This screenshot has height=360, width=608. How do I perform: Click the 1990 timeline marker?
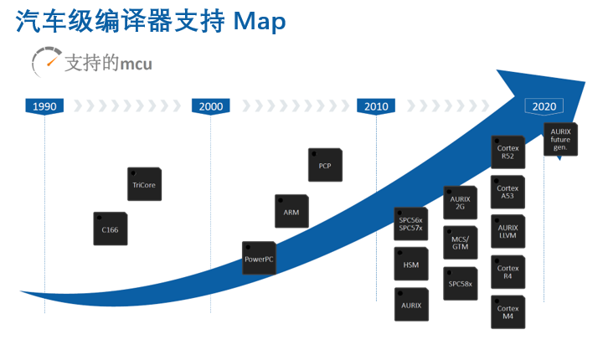pyautogui.click(x=44, y=106)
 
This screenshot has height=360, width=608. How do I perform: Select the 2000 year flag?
pyautogui.click(x=210, y=106)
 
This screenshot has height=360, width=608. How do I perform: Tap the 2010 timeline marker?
pyautogui.click(x=376, y=106)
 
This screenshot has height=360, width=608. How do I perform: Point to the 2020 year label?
pyautogui.click(x=544, y=106)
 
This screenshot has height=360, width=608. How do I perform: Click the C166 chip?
pyautogui.click(x=111, y=229)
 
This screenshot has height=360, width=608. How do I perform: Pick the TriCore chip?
pyautogui.click(x=145, y=184)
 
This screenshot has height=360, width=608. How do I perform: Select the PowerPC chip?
pyautogui.click(x=259, y=258)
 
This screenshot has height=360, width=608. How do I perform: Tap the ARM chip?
pyautogui.click(x=292, y=211)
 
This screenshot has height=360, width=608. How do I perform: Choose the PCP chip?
pyautogui.click(x=325, y=165)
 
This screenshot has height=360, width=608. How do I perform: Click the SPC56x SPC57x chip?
pyautogui.click(x=411, y=224)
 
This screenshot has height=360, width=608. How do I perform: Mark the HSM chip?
pyautogui.click(x=411, y=264)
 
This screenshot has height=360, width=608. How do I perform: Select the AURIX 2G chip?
pyautogui.click(x=461, y=203)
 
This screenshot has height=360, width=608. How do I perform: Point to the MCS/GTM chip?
pyautogui.click(x=461, y=243)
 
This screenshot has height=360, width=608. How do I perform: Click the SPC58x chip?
pyautogui.click(x=461, y=283)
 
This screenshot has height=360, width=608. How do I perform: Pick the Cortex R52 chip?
pyautogui.click(x=508, y=152)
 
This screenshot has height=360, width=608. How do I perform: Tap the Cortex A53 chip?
pyautogui.click(x=508, y=193)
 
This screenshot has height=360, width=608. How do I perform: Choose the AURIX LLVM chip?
pyautogui.click(x=508, y=231)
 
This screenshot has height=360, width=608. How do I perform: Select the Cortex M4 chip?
pyautogui.click(x=508, y=312)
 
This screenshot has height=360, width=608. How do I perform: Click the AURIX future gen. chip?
pyautogui.click(x=561, y=140)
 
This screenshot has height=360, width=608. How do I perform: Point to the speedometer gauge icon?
pyautogui.click(x=46, y=62)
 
